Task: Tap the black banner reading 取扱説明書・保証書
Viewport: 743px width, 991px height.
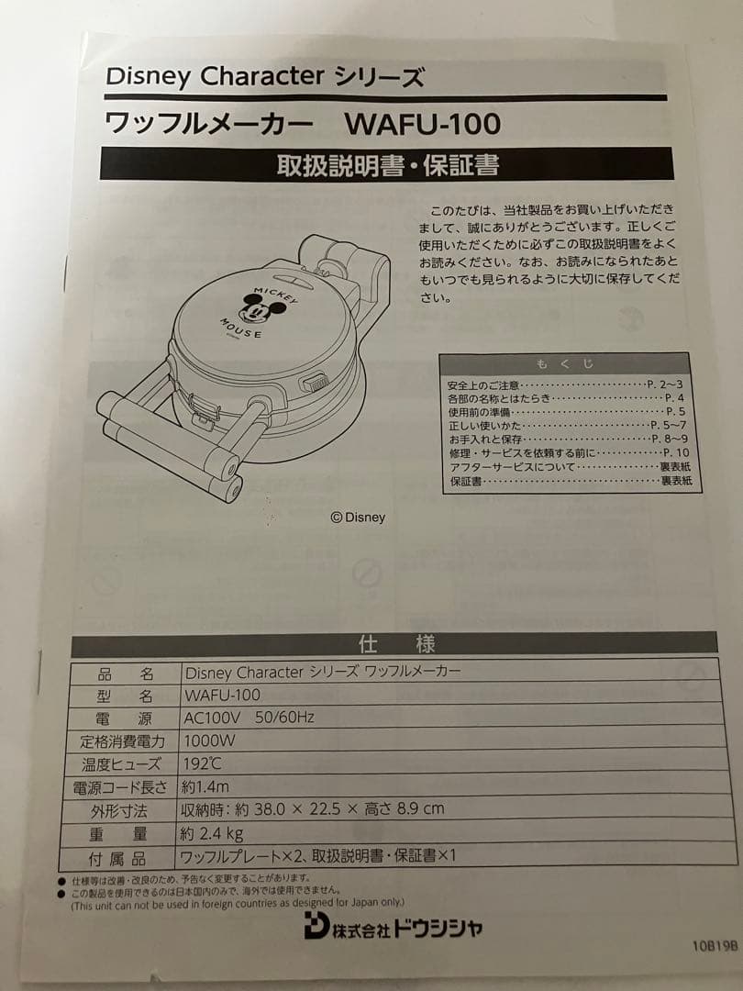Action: [x=387, y=165]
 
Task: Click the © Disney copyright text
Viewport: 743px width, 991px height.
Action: [x=358, y=518]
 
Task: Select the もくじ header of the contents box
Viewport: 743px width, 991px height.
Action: [x=564, y=363]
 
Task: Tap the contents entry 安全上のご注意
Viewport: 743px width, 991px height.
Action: [x=483, y=384]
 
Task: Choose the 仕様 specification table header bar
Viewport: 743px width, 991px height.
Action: [x=395, y=643]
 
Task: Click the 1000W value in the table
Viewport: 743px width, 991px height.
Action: [x=210, y=740]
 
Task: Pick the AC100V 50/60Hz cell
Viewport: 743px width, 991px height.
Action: [x=249, y=717]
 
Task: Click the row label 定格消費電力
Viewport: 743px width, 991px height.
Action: [x=118, y=740]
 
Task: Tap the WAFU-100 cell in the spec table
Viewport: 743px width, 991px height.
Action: [x=222, y=695]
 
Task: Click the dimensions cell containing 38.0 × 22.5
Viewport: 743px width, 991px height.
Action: [x=312, y=809]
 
